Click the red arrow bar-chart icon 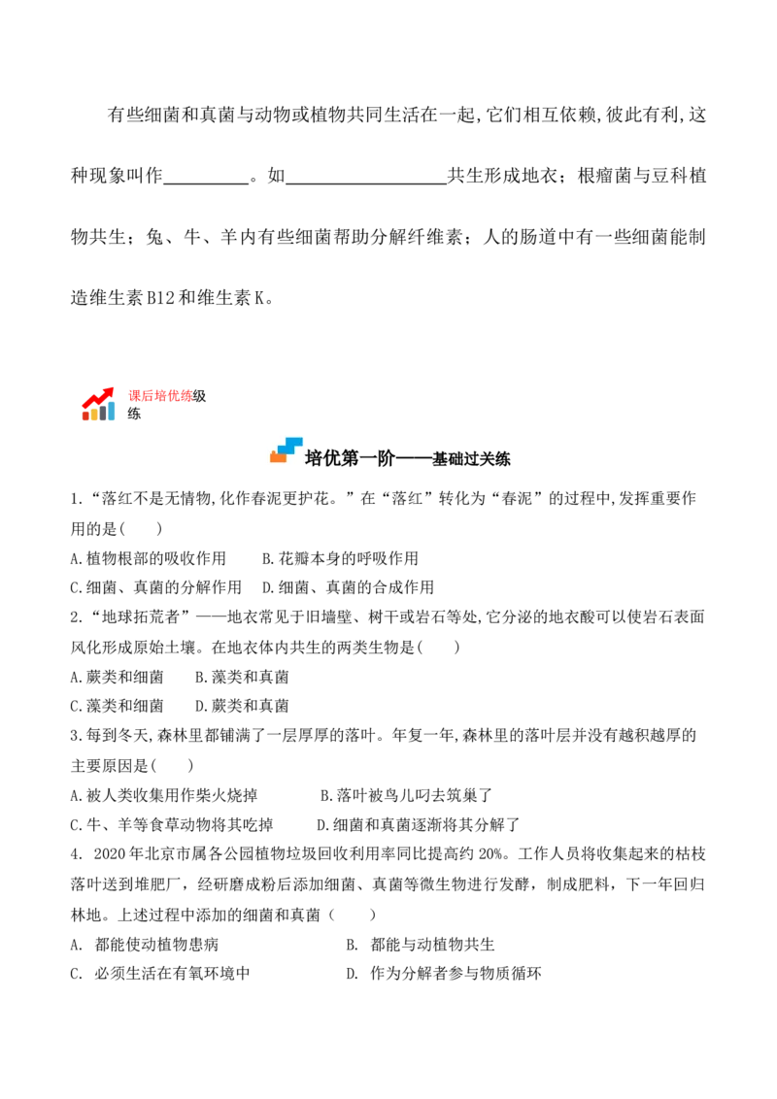click(x=98, y=404)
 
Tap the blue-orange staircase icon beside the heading click(x=287, y=450)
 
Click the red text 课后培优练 click(x=160, y=396)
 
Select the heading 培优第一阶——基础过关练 click(x=407, y=459)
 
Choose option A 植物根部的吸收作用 click(x=148, y=558)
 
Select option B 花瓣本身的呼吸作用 click(x=340, y=558)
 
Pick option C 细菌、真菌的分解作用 click(x=155, y=587)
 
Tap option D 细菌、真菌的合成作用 click(x=348, y=587)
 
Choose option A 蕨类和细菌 click(x=117, y=677)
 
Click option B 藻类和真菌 click(x=242, y=677)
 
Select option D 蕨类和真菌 click(x=242, y=706)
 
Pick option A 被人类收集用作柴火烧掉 click(x=163, y=795)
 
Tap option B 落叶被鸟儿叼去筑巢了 click(x=406, y=795)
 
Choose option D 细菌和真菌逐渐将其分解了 click(x=418, y=825)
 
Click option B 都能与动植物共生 click(x=421, y=945)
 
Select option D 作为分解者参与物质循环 click(x=444, y=974)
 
